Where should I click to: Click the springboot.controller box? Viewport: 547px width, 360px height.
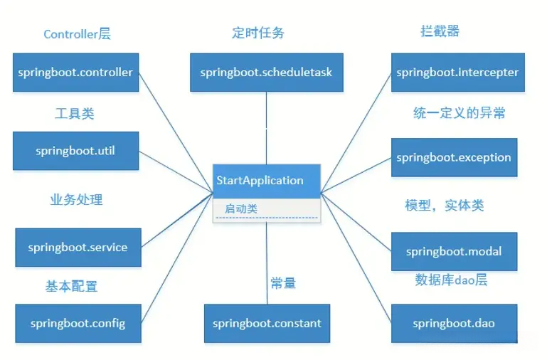[75, 72]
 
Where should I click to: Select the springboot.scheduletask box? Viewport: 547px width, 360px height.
[266, 72]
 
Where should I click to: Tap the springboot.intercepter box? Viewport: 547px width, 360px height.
[457, 72]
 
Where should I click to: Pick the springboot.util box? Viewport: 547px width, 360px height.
[75, 151]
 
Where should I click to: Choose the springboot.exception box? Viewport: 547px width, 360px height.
[454, 157]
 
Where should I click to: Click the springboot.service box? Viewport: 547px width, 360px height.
[78, 248]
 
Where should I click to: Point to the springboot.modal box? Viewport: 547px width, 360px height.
[454, 251]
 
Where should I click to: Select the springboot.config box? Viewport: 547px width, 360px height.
[78, 323]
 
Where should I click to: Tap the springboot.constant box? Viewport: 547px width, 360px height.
[267, 323]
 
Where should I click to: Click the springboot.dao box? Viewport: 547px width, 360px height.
[454, 323]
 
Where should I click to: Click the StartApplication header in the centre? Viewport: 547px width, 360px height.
[260, 180]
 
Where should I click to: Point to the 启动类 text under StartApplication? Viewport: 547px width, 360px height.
[241, 208]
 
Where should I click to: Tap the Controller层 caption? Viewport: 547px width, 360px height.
[78, 34]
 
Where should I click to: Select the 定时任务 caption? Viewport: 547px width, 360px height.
[258, 33]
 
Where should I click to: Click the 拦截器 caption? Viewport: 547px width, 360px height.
[440, 31]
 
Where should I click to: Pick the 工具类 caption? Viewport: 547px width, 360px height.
[74, 113]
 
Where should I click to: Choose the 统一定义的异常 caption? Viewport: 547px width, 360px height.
[460, 112]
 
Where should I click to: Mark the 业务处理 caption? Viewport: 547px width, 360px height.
[75, 200]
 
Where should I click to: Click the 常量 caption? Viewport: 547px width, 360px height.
[282, 283]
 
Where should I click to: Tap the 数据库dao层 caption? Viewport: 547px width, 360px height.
[451, 280]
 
